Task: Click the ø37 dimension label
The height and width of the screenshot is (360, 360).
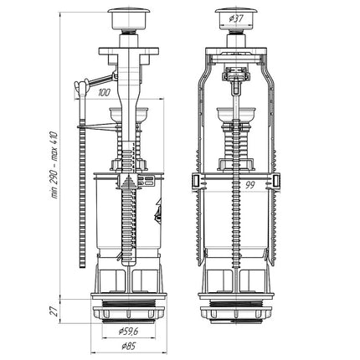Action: [236, 19]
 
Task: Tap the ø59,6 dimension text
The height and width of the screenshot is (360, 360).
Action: [129, 332]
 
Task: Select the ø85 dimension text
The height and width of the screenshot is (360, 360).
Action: [129, 347]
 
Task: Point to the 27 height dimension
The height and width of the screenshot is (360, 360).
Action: [54, 311]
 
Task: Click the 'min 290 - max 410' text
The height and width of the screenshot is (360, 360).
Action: [54, 165]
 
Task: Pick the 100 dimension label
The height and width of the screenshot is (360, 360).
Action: [104, 93]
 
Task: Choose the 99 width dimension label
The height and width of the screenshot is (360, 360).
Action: [249, 185]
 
